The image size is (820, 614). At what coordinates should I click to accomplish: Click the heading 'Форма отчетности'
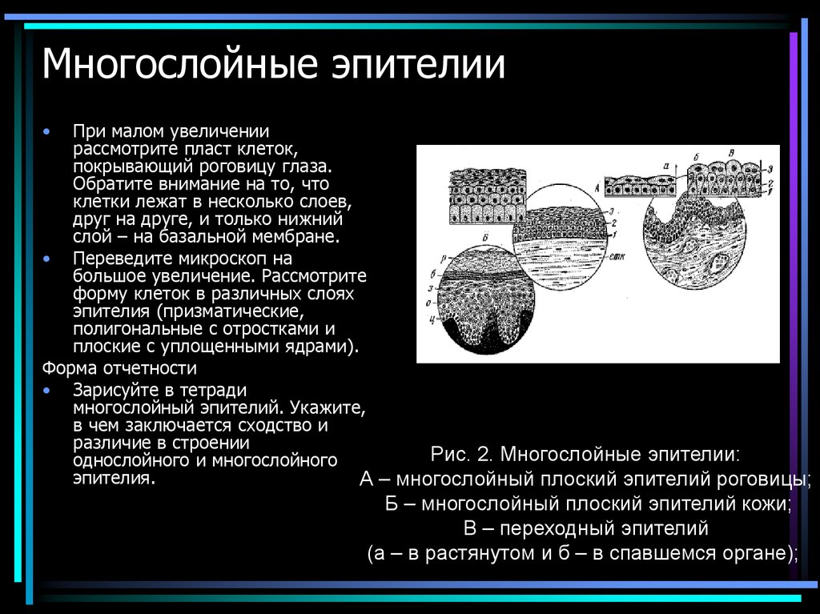point(119,368)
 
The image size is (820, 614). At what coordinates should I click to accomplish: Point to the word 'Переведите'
point(114,259)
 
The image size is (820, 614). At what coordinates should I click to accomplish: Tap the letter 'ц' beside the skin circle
point(432,320)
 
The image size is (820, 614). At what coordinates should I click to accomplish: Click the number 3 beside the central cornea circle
point(612,212)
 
